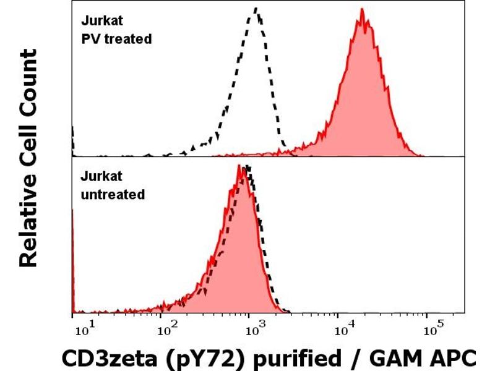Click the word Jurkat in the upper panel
click(99, 21)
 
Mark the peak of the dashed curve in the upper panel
click(256, 9)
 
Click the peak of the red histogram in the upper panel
click(362, 10)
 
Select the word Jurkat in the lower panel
click(99, 177)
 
